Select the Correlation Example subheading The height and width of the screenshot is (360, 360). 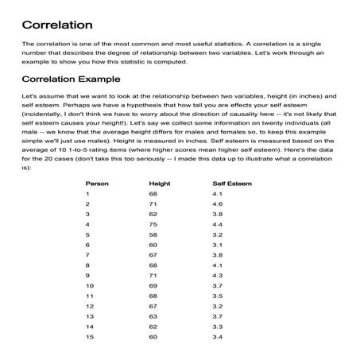(72, 79)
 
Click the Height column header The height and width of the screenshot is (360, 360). (159, 183)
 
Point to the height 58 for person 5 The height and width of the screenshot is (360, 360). (153, 236)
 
